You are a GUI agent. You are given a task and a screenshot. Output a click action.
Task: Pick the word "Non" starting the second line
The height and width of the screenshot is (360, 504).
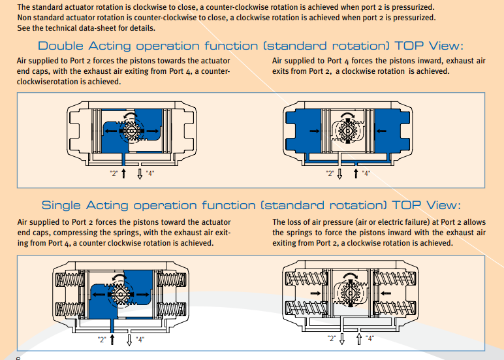point(24,18)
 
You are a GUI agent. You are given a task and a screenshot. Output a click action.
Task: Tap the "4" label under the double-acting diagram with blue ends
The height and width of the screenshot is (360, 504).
point(366,173)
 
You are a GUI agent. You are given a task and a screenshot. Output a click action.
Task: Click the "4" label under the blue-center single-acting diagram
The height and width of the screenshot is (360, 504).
point(140,339)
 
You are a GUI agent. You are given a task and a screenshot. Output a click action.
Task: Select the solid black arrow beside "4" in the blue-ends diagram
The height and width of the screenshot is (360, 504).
point(355,172)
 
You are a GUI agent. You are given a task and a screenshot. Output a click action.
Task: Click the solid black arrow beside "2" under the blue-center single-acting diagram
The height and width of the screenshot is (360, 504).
point(114,339)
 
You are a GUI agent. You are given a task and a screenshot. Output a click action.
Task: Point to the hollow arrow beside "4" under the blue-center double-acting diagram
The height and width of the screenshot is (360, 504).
point(140,173)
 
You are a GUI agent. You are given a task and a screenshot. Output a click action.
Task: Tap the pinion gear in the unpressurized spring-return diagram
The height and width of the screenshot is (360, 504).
point(347,294)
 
